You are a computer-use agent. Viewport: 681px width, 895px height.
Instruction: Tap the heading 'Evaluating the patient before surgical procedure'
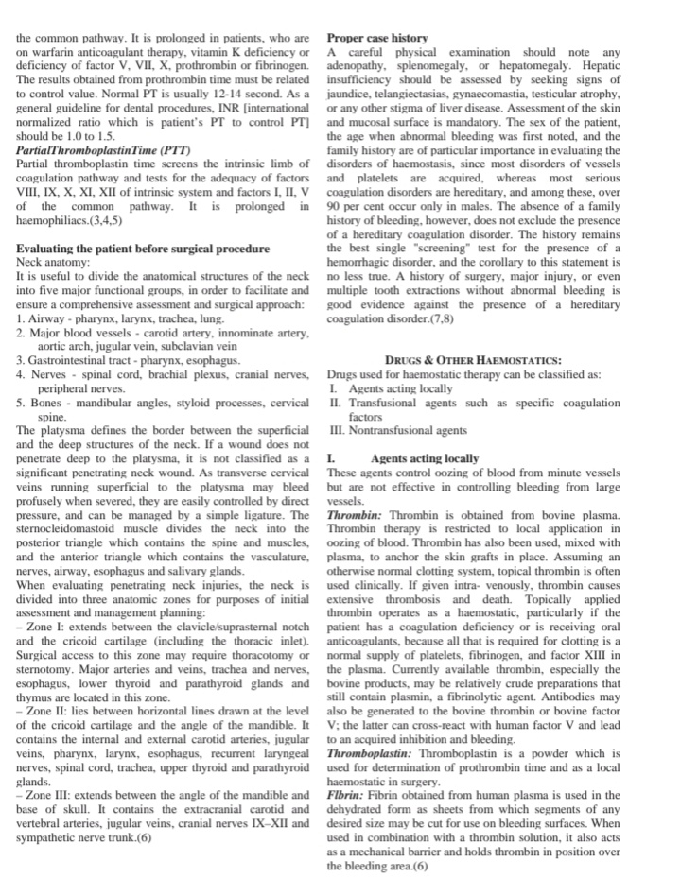coord(143,249)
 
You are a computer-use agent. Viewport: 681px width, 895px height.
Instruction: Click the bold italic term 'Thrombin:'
coord(353,515)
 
